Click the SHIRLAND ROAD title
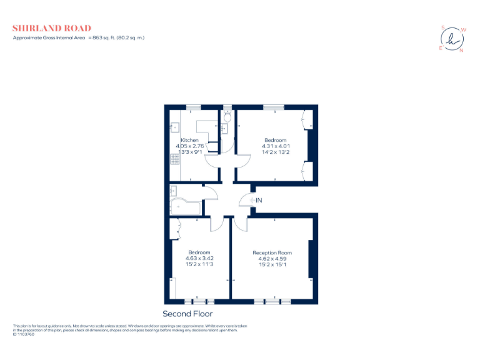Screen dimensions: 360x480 pos(52,28)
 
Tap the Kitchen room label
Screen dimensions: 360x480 pos(189,140)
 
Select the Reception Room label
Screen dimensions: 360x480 pos(272,252)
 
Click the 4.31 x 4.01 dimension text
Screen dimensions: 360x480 pos(275,146)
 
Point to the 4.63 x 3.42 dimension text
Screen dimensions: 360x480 pos(199,258)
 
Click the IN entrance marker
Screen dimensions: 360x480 pos(259,200)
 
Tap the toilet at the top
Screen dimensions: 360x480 pos(227,116)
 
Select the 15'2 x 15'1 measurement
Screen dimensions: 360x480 pos(272,264)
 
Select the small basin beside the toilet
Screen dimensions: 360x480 pos(224,129)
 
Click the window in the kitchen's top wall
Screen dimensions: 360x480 pos(193,107)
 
